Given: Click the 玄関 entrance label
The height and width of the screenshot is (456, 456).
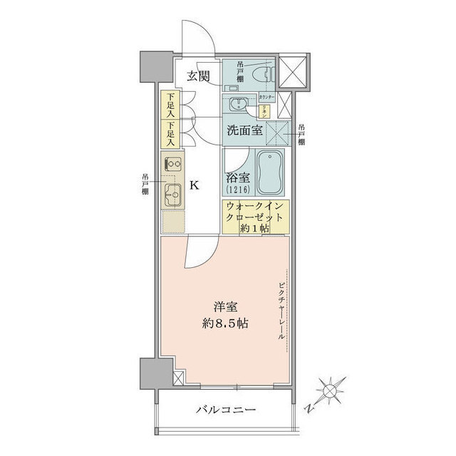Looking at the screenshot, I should (199, 77).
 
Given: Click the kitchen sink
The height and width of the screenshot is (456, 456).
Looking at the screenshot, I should (172, 193).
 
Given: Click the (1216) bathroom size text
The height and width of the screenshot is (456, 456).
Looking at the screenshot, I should (237, 190).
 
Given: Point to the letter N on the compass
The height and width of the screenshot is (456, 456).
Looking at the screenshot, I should (309, 408).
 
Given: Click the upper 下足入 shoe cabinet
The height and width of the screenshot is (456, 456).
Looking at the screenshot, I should (168, 106).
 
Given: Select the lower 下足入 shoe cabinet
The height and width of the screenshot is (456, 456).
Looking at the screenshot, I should (168, 133).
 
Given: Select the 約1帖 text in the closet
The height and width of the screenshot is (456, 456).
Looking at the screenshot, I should (255, 228).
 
